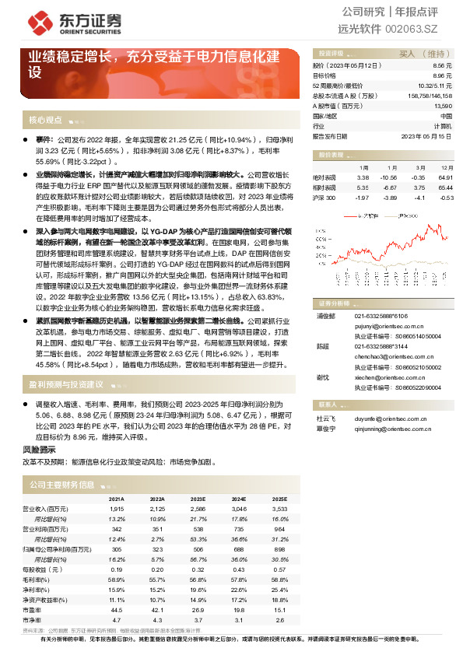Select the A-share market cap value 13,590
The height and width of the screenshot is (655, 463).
441,105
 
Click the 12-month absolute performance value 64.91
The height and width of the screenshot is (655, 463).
446,178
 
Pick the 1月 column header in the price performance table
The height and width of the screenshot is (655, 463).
363,167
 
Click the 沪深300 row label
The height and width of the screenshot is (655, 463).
324,198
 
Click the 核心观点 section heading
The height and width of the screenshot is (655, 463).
45,121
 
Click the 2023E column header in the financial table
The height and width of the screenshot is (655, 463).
198,499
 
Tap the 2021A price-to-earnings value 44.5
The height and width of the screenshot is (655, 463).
118,610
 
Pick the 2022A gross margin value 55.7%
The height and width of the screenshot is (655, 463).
157,580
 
